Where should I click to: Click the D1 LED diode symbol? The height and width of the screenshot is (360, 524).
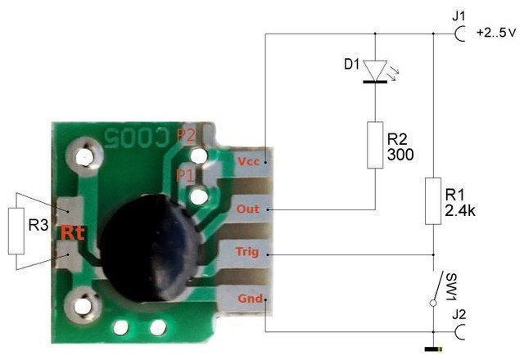click(375, 71)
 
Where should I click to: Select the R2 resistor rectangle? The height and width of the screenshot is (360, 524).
click(375, 145)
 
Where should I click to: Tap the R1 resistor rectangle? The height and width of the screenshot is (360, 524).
click(433, 200)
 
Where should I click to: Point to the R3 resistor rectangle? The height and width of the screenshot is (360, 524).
click(16, 231)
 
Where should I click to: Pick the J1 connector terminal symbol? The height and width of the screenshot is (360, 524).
click(460, 34)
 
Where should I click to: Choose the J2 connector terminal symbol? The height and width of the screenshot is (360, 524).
click(460, 331)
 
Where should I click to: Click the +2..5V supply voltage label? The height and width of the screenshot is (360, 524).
click(496, 33)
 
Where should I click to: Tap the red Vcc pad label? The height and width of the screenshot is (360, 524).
click(248, 162)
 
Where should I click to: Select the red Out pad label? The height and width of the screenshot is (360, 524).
click(247, 209)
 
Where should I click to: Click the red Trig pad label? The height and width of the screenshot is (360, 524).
click(247, 252)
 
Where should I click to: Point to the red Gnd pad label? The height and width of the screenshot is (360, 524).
click(251, 298)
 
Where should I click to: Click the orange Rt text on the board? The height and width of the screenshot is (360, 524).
click(72, 232)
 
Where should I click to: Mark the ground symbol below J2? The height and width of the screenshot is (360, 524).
click(433, 349)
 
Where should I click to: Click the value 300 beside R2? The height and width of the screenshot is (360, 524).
click(400, 155)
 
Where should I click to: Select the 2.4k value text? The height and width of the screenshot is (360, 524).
click(460, 210)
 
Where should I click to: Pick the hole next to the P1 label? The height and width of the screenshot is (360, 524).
click(198, 196)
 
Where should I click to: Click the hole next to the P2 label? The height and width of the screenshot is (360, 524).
click(199, 155)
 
